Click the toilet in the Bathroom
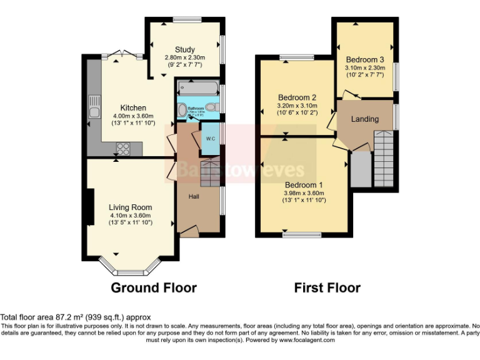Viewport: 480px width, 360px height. pos(213,107)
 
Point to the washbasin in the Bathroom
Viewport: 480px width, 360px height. pos(182,111)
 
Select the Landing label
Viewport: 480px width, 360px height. pos(364,119)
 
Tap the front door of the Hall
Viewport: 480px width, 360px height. pos(189,232)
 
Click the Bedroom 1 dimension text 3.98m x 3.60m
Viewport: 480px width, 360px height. pos(304,194)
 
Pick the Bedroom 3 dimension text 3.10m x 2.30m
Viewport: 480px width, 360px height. pos(364,67)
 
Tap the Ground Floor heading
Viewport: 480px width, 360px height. pos(154,288)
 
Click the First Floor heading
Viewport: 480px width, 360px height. pos(327,288)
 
